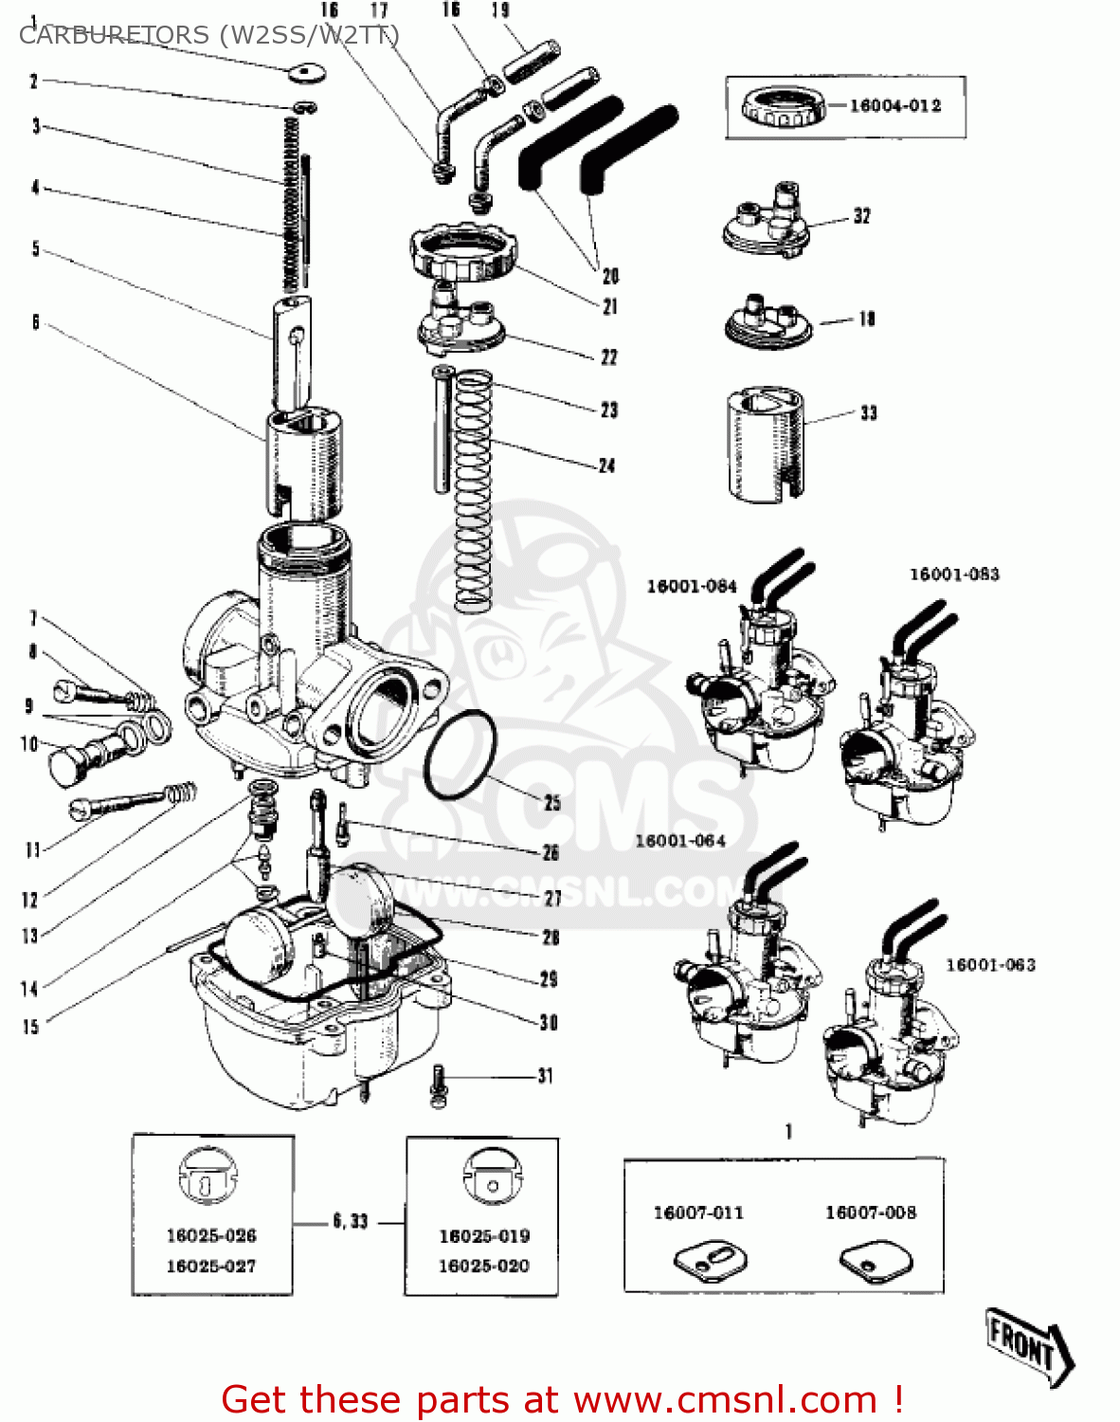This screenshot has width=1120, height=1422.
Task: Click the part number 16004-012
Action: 894,106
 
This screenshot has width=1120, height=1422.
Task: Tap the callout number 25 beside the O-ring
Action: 552,802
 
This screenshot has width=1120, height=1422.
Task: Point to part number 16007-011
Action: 698,1212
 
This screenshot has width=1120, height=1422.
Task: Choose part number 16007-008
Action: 870,1212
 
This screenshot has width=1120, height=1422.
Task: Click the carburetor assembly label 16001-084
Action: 691,587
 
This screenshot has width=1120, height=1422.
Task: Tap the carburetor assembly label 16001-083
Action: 953,574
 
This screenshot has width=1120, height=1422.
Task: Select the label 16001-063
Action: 990,965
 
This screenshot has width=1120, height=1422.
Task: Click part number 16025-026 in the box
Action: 211,1235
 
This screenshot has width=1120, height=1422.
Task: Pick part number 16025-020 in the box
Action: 483,1266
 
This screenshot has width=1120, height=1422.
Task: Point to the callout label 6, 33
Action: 350,1222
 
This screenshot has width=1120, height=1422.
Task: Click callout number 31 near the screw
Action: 545,1076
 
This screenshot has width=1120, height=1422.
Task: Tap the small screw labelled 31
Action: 437,1085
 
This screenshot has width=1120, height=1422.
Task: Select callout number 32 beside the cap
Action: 861,216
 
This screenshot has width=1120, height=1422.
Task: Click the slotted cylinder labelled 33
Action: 766,444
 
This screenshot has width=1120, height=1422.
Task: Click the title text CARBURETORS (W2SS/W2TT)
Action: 208,35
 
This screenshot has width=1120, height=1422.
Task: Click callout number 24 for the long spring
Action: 606,465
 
